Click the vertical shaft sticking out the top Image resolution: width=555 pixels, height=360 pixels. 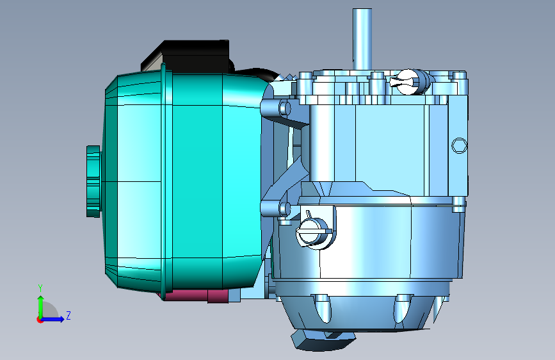[x=362, y=39]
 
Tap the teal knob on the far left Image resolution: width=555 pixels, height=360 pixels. [x=93, y=181]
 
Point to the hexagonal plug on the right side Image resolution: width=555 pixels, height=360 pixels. [x=459, y=145]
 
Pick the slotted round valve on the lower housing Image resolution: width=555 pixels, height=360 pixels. [x=314, y=232]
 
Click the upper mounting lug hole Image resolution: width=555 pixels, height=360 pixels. [x=284, y=108]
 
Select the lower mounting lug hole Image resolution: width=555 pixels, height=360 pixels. [x=284, y=209]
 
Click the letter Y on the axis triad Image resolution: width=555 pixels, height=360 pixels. [x=40, y=288]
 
